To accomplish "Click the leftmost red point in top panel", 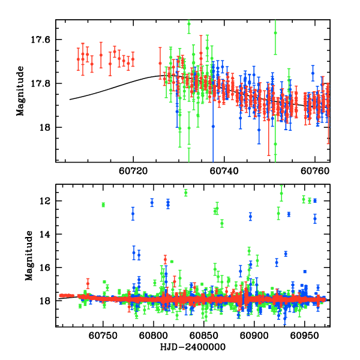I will coord(78,59).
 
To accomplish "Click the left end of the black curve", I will coord(70,100).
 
